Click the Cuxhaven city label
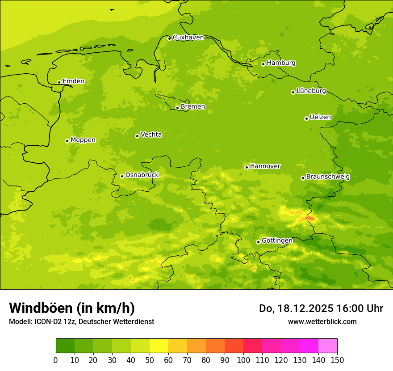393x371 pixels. point(188,38)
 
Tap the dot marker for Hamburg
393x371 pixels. point(263,64)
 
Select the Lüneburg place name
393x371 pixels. point(311,91)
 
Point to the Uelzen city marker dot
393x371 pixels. point(306,118)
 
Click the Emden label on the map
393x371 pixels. point(73,81)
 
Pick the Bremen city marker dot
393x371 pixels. point(177,108)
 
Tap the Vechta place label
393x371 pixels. point(151,135)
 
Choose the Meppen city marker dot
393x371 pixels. point(67,141)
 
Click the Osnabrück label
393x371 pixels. point(142,175)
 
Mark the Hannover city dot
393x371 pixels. point(247,167)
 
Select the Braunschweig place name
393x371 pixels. point(328,177)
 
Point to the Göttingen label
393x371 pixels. point(277,240)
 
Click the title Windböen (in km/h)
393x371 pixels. point(72,308)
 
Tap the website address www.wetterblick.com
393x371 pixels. point(322,321)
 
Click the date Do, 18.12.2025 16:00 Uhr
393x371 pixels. point(321,308)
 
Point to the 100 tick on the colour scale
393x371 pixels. point(243,360)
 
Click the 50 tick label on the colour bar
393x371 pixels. point(150,360)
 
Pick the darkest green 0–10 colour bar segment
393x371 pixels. point(65,346)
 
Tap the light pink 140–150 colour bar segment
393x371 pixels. point(328,346)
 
